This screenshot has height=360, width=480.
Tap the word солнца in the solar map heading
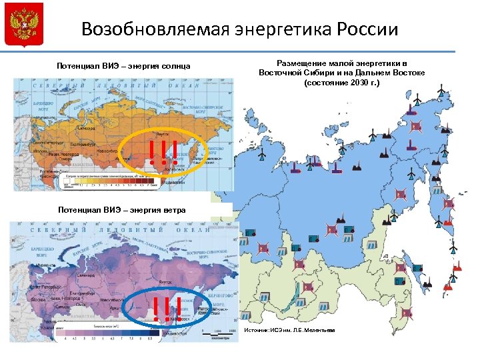coord(175,66)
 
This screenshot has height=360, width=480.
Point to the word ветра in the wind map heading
coord(173,210)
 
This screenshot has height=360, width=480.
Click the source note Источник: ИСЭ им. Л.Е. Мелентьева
coord(290,331)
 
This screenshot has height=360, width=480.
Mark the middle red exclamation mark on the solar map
coord(163,153)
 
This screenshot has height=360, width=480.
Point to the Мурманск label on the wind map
coord(45,265)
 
